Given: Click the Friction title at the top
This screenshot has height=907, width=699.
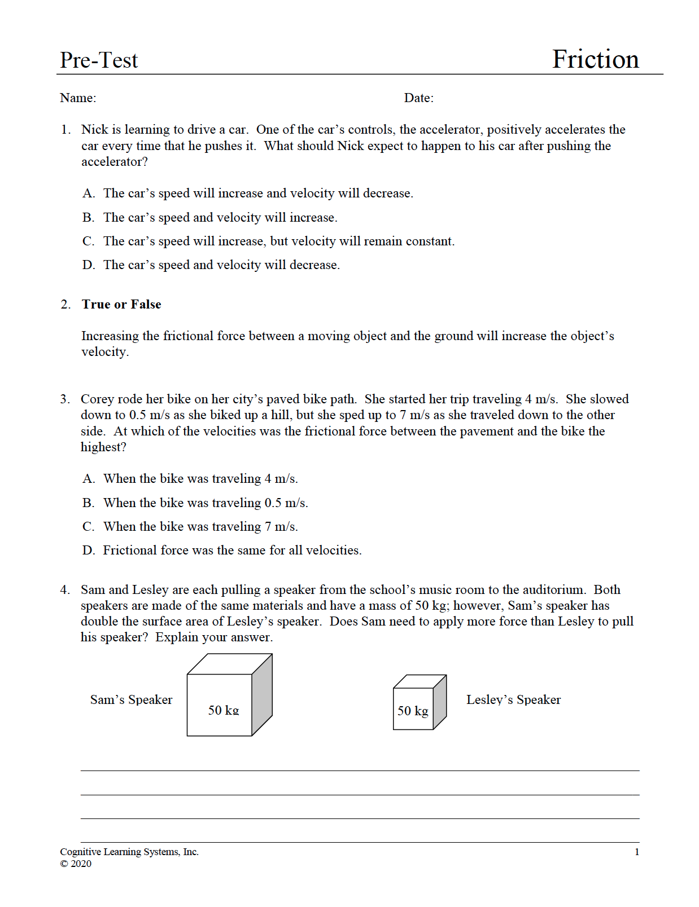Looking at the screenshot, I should pyautogui.click(x=595, y=59).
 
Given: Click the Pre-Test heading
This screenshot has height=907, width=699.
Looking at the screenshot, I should pyautogui.click(x=99, y=60).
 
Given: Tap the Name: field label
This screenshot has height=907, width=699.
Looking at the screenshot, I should pyautogui.click(x=78, y=98).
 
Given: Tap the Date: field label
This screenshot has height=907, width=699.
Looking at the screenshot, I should pyautogui.click(x=418, y=98).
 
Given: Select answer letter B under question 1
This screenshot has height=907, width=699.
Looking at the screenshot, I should pyautogui.click(x=88, y=218).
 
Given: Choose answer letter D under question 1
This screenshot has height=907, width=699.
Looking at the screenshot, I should pyautogui.click(x=88, y=265).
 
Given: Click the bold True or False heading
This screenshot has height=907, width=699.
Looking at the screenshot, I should pyautogui.click(x=121, y=305).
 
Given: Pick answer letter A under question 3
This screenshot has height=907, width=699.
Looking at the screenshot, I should pyautogui.click(x=88, y=479).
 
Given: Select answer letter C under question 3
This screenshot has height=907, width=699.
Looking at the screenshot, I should pyautogui.click(x=88, y=527).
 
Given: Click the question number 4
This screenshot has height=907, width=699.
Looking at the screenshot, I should pyautogui.click(x=65, y=590).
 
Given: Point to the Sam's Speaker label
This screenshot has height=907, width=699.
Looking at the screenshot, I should pyautogui.click(x=131, y=700).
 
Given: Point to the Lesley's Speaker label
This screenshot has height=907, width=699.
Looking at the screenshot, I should pyautogui.click(x=513, y=700).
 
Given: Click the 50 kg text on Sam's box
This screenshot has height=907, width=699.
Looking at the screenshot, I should pyautogui.click(x=224, y=710).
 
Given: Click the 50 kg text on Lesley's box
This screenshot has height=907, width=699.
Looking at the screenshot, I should pyautogui.click(x=413, y=711).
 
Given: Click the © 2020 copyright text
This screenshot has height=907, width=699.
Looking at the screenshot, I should pyautogui.click(x=76, y=864).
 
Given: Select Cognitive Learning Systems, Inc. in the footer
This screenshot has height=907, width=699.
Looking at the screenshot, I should pyautogui.click(x=129, y=852).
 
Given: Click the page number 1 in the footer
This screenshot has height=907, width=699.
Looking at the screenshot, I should pyautogui.click(x=637, y=852).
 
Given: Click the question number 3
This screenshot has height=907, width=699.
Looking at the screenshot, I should pyautogui.click(x=65, y=399).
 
